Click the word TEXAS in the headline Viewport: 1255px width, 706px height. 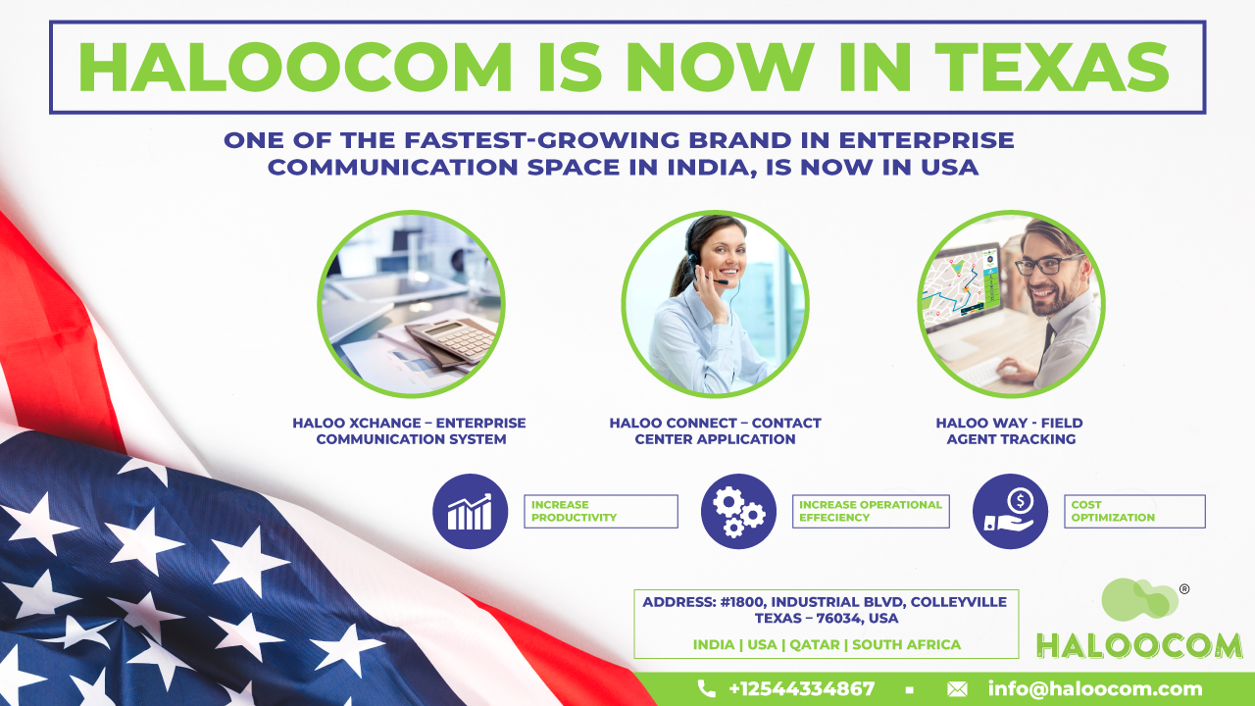coord(1052,67)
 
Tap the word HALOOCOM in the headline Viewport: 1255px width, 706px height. coord(295,67)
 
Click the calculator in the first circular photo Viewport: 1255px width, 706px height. coord(451,340)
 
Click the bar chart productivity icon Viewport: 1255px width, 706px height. coord(470,511)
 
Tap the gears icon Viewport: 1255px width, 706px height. coord(738,511)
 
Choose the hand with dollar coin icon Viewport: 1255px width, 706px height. coord(1010,511)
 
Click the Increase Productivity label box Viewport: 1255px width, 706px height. coord(601,511)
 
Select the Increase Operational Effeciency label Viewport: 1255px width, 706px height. coord(871,511)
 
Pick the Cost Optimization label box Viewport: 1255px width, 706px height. coord(1134,511)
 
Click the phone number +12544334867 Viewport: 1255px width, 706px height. coord(802,688)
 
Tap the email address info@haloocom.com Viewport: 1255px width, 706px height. coord(1095,688)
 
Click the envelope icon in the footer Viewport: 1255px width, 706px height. coord(957,689)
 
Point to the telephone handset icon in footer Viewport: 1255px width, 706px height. coord(707,688)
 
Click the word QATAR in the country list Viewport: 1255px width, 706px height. coord(815,644)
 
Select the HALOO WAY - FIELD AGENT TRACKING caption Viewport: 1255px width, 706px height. coord(1010,430)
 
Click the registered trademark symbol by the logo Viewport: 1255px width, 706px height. coord(1184,589)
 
